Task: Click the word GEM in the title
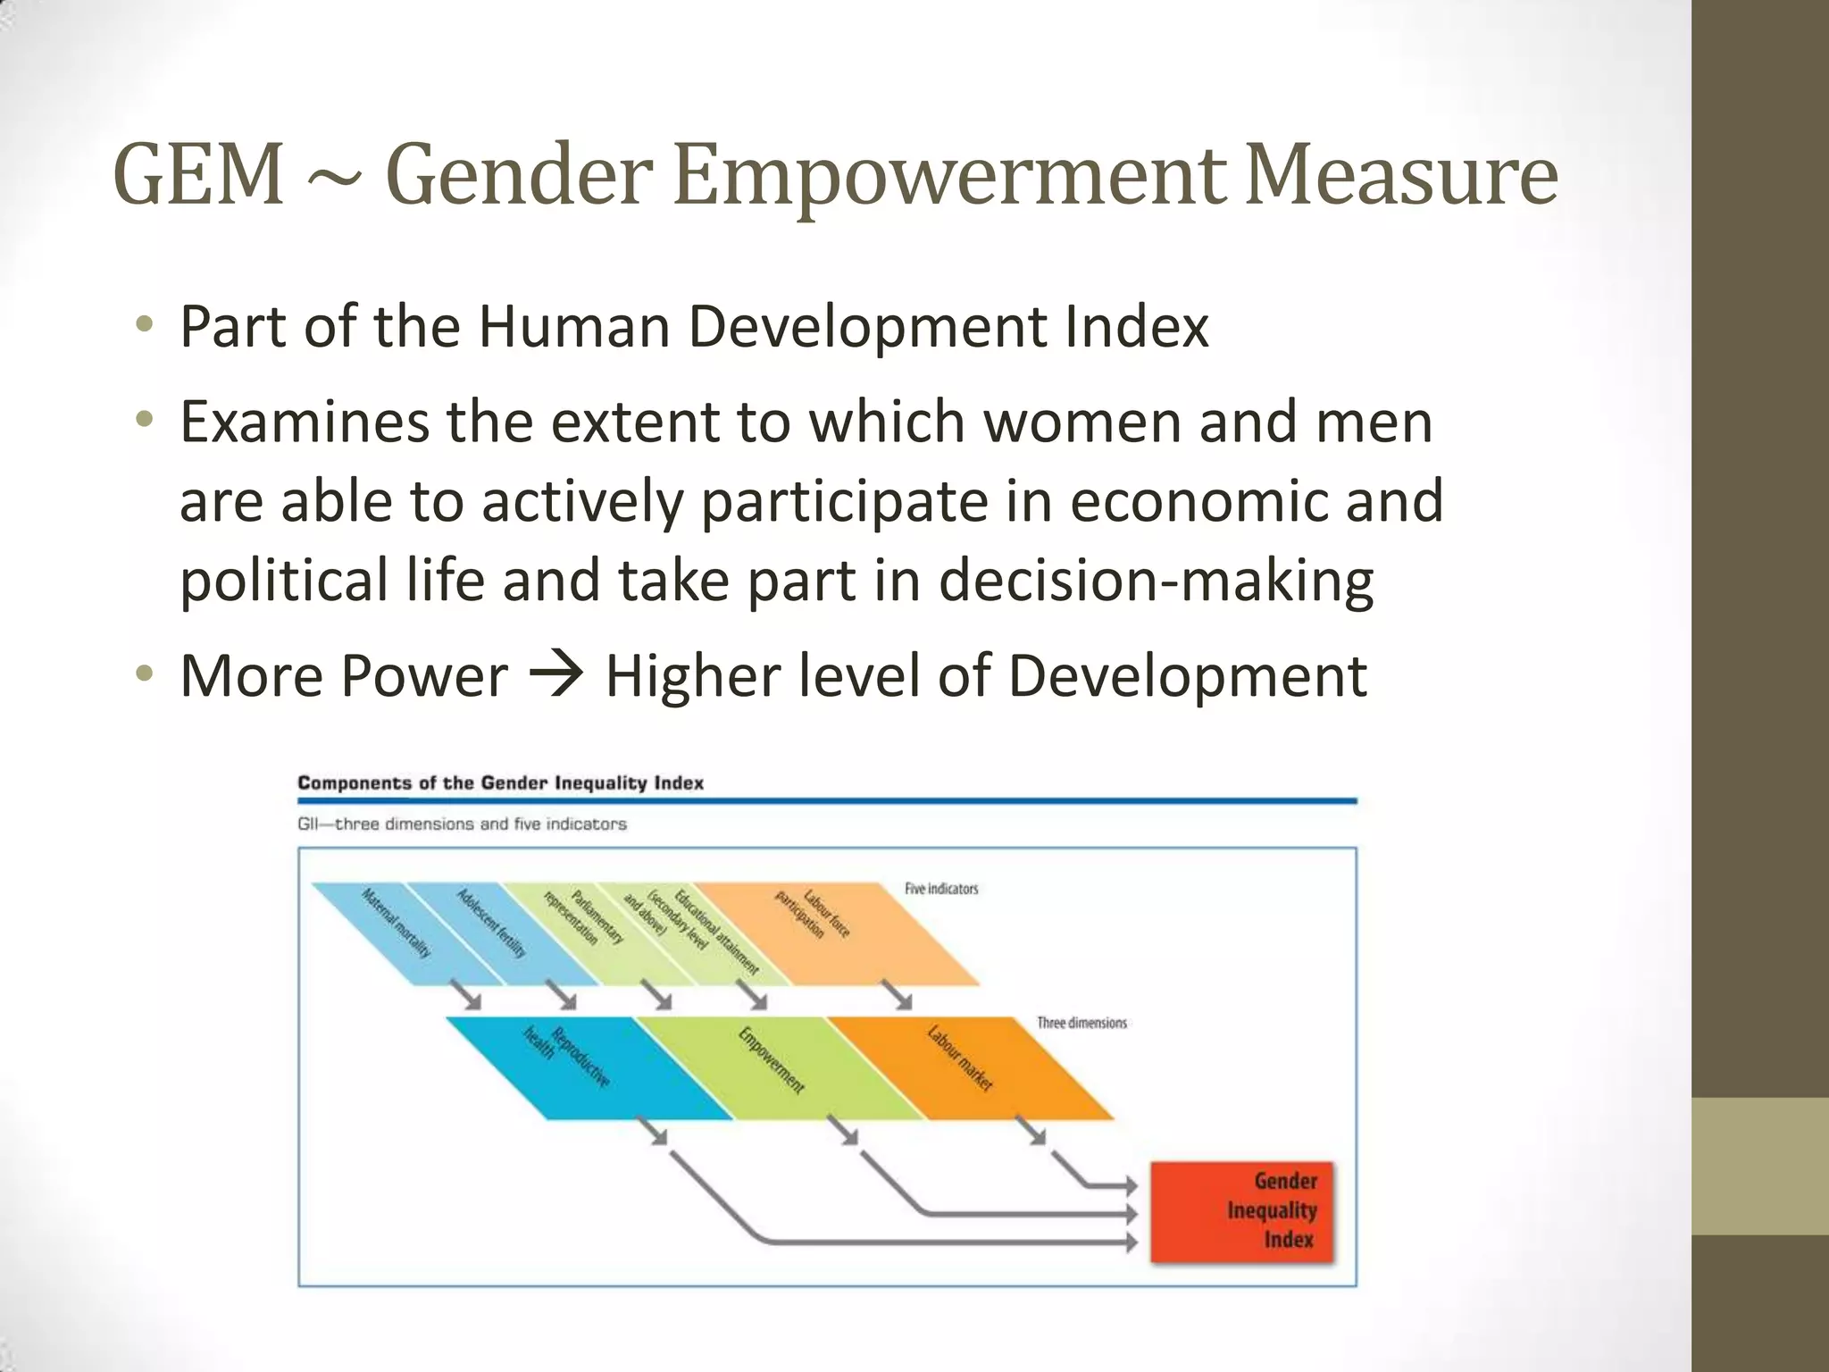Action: [x=198, y=175]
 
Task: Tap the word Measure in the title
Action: [x=1401, y=175]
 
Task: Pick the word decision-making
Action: [x=1156, y=580]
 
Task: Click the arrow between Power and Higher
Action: [x=556, y=675]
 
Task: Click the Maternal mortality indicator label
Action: [x=396, y=923]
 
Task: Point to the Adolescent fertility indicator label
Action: [x=491, y=923]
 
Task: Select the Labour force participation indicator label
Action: [x=813, y=914]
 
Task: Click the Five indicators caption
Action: [x=941, y=889]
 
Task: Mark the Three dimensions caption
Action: [x=1082, y=1023]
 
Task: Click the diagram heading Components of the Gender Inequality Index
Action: [x=500, y=783]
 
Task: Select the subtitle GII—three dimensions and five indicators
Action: [x=462, y=824]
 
